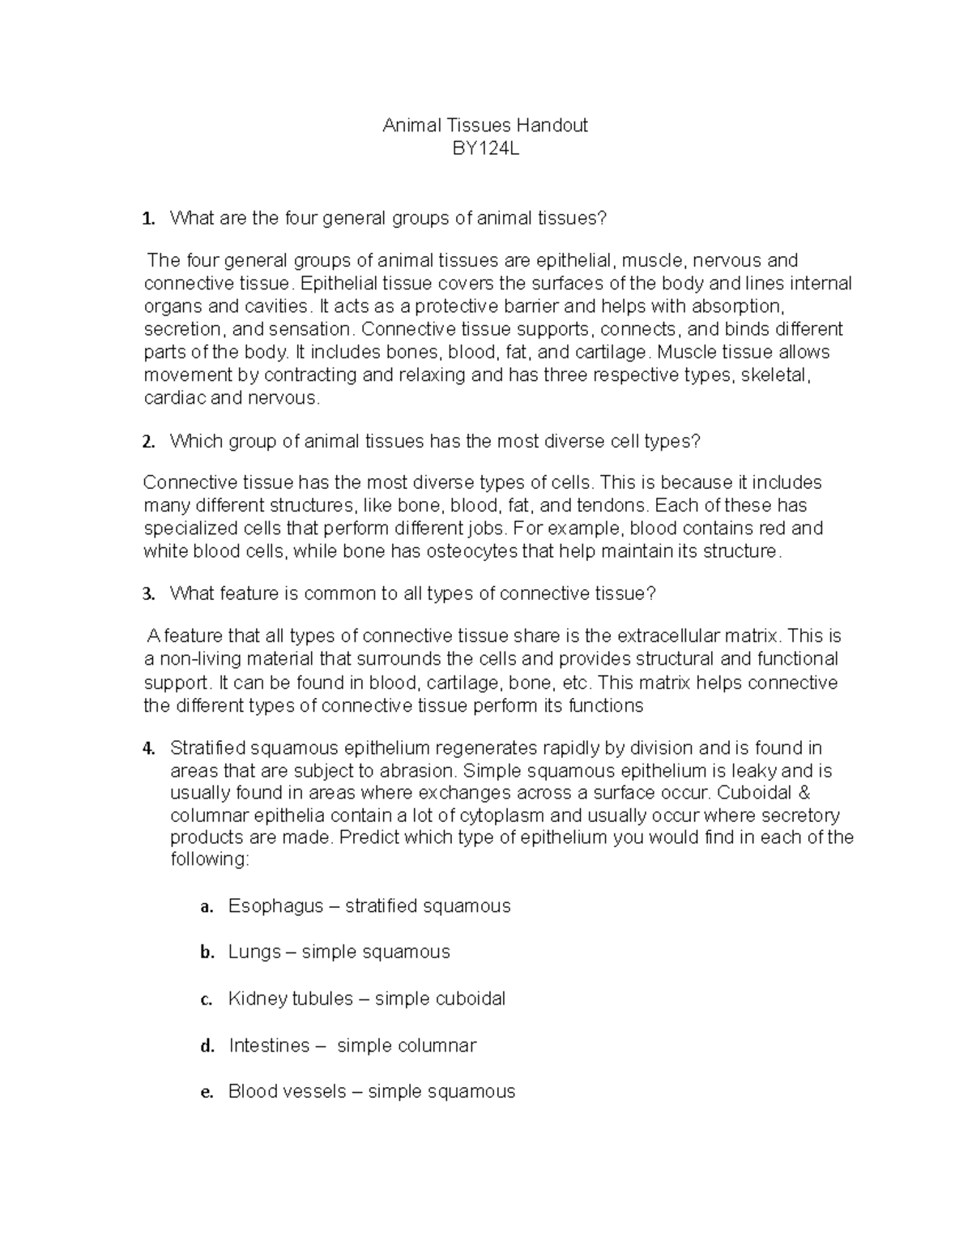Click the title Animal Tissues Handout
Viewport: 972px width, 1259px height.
click(484, 126)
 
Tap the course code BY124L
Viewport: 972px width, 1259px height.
click(485, 148)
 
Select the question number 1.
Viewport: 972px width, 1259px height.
click(147, 219)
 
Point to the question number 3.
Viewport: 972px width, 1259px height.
click(147, 594)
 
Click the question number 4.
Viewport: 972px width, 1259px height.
click(147, 748)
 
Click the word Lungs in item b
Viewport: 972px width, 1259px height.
click(254, 952)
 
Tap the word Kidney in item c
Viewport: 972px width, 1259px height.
click(255, 999)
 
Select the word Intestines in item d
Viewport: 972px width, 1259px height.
click(269, 1046)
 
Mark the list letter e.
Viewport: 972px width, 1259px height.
click(206, 1093)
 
